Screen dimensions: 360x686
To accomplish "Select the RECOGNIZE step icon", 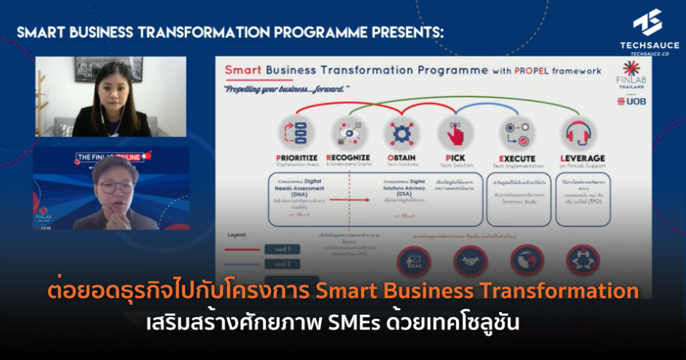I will pos(349,133).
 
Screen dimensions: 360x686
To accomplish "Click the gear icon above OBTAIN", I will pos(402,133).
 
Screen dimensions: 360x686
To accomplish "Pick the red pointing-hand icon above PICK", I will pos(456,133).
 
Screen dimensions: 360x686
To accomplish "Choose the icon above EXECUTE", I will pos(517,133).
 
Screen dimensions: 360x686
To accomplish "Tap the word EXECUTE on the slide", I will pos(517,158).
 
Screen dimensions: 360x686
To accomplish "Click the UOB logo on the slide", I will pos(631,101).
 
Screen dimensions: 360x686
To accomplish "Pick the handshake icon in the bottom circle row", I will pos(470,261).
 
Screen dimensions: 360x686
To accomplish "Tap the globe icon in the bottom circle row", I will pos(527,261).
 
